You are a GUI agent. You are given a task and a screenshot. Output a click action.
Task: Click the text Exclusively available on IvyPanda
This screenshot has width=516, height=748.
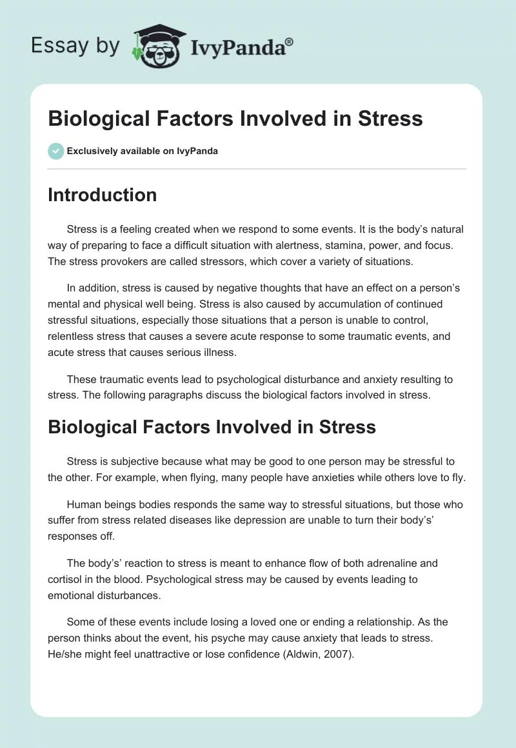pos(142,152)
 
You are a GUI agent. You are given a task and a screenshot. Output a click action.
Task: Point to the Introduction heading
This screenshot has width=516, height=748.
pos(102,195)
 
